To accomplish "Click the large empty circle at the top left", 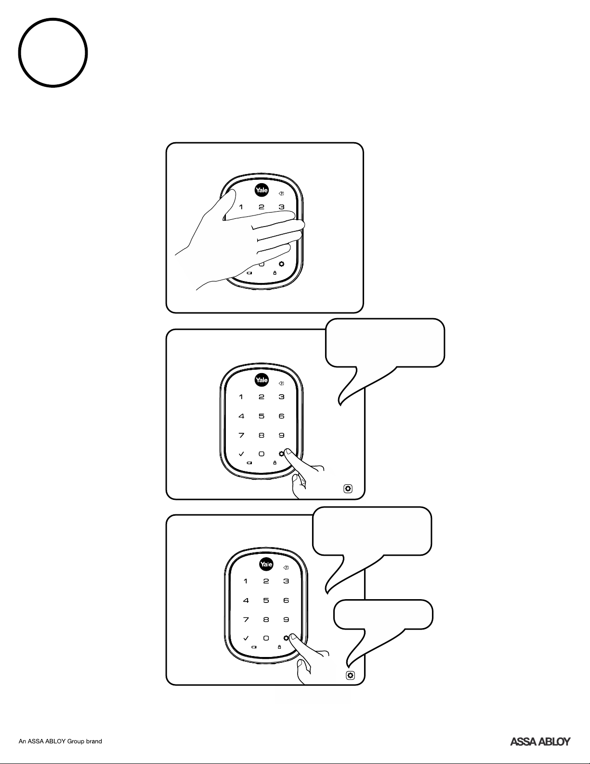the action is pos(19,53).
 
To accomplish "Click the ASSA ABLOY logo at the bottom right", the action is pos(540,741).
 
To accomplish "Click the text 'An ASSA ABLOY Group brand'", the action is pos(60,741).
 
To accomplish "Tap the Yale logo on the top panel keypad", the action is pos(262,190).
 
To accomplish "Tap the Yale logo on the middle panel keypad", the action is pos(262,380).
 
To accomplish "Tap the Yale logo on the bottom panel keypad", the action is pos(266,564).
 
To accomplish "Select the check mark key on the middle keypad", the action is pos(241,454).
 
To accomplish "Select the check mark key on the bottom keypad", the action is pos(246,638).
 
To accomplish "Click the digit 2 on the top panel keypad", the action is pos(261,207).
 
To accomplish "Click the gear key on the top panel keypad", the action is pos(281,264).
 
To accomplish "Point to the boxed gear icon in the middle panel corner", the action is pos(348,489).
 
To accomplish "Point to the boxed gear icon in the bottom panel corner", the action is pos(350,675).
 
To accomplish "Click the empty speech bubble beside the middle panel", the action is pos(384,343).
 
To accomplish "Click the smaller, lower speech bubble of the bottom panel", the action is pos(383,615).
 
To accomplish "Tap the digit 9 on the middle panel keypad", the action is pos(281,435).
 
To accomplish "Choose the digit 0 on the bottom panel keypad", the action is pos(266,638).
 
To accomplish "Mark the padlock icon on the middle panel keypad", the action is pos(275,463).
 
